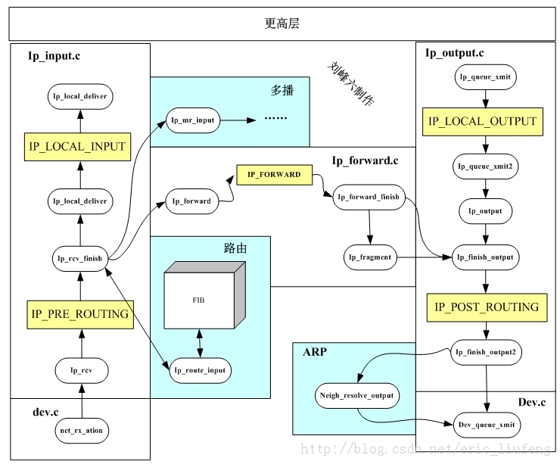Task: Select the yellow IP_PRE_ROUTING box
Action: click(79, 312)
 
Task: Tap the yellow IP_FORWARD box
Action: click(273, 175)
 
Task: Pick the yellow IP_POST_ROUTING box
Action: click(486, 307)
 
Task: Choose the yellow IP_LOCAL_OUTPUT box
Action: click(482, 121)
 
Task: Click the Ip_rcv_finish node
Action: click(79, 258)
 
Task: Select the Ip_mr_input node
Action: click(193, 120)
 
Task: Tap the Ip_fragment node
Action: click(370, 257)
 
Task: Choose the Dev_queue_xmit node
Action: click(486, 425)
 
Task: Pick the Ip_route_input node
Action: click(199, 370)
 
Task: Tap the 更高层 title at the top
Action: click(282, 23)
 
